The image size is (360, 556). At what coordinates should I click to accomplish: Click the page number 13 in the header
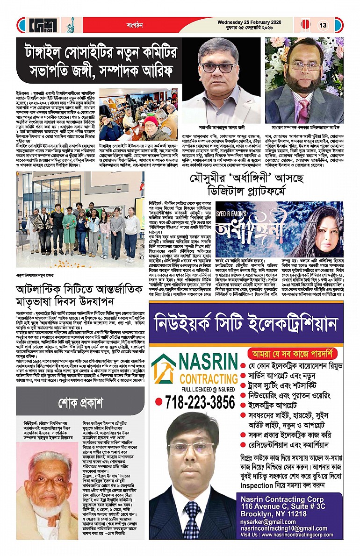[323, 25]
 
